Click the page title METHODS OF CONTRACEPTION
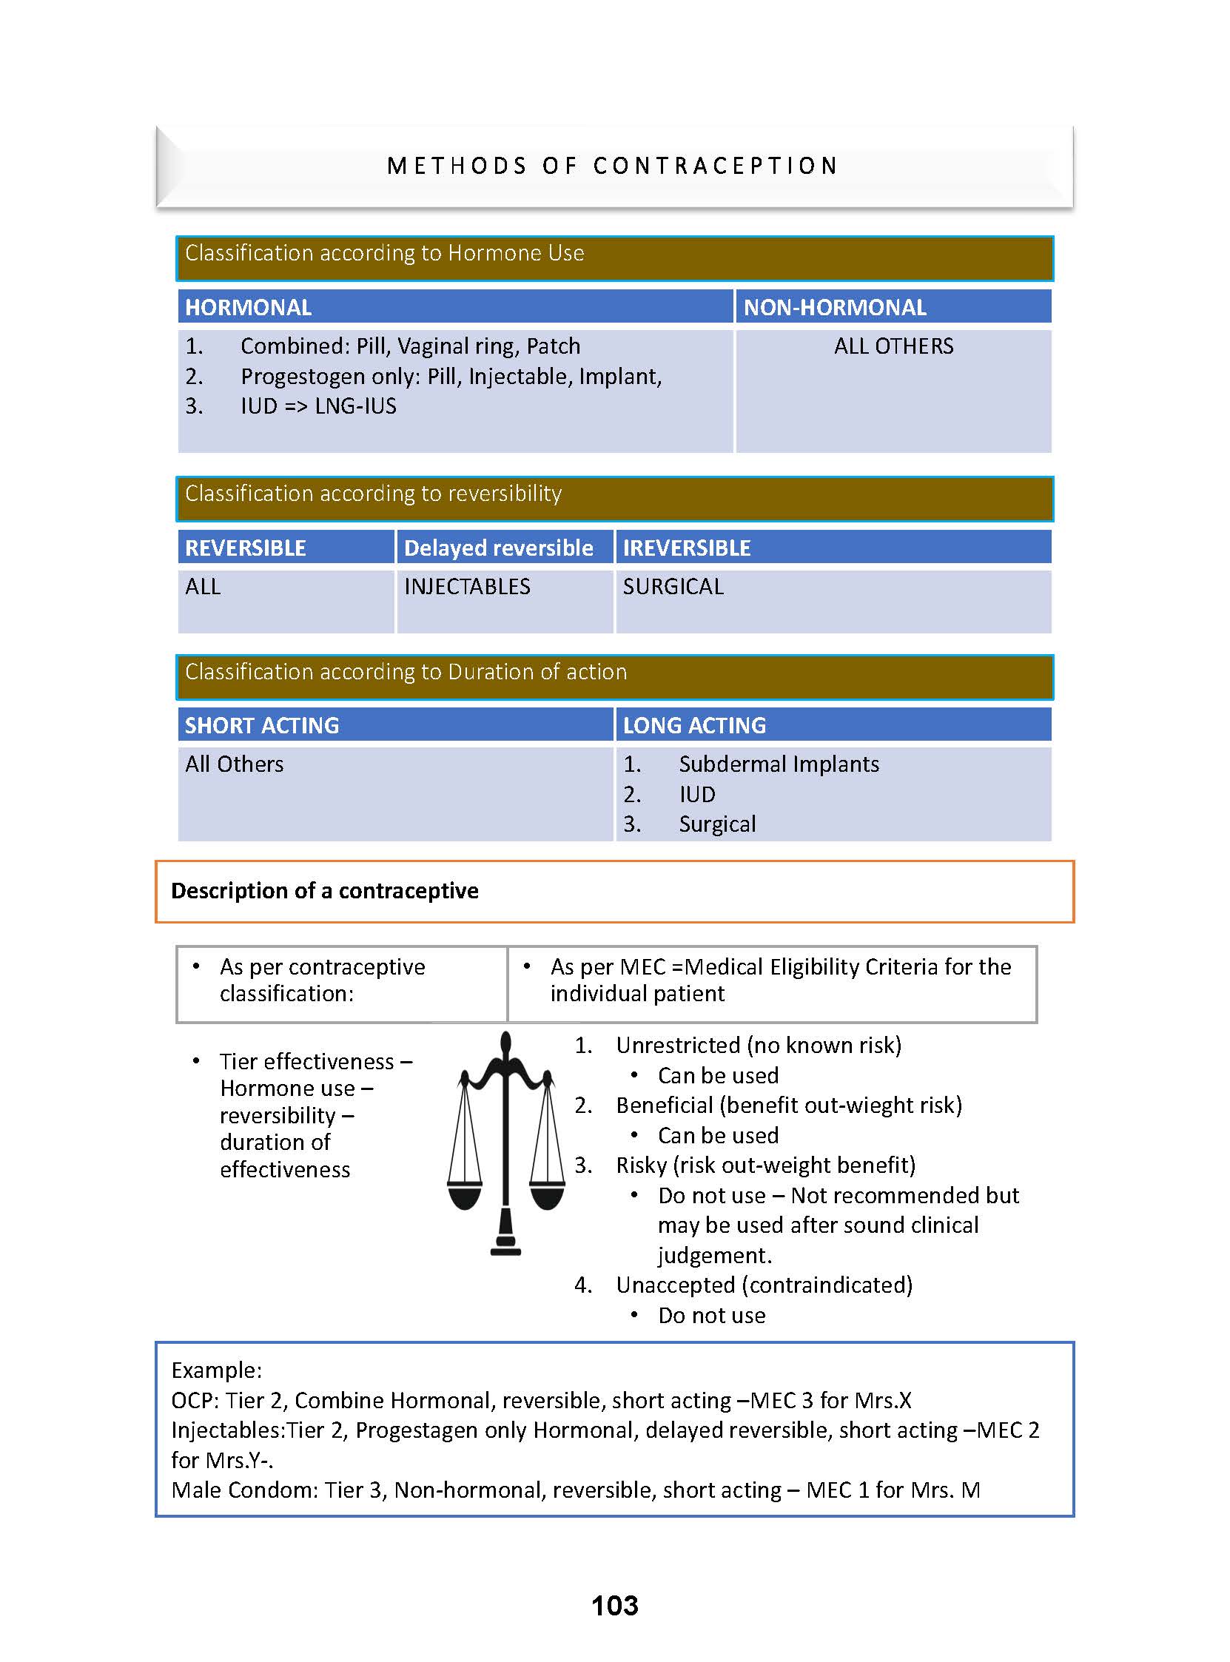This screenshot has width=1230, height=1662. tap(613, 165)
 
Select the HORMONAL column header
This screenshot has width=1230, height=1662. tap(248, 307)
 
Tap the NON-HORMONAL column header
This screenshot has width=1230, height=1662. tap(835, 307)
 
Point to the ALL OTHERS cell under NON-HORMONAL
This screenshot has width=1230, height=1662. tap(893, 346)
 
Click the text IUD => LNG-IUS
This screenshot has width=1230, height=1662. tap(318, 406)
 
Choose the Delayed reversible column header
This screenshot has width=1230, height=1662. tap(498, 548)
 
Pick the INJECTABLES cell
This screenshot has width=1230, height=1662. tap(467, 587)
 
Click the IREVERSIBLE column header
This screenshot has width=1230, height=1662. tap(687, 548)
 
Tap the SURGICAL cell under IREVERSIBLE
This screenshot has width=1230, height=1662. tap(673, 587)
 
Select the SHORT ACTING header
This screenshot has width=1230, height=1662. tap(261, 725)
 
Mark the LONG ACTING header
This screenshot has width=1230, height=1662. tap(694, 725)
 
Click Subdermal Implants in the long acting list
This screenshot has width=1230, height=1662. tap(778, 764)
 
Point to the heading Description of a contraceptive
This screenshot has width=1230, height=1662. tap(325, 891)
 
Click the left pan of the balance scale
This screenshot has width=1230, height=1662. tap(466, 1194)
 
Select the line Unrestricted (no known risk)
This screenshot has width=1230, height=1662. tap(758, 1046)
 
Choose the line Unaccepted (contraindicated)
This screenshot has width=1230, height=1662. tap(763, 1285)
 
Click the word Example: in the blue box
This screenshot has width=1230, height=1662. tap(217, 1370)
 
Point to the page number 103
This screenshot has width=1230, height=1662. tap(614, 1605)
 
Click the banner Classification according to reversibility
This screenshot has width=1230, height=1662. tap(373, 494)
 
